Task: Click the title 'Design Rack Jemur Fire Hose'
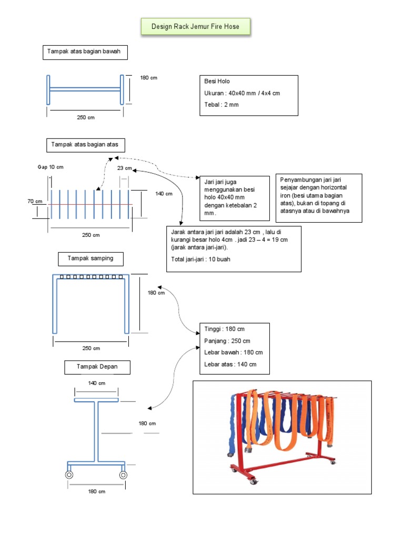(x=195, y=26)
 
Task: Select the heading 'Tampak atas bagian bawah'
(x=85, y=52)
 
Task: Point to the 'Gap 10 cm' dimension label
(x=50, y=167)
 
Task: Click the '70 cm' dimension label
(x=35, y=201)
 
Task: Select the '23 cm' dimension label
(x=125, y=169)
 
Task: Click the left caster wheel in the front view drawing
(x=69, y=475)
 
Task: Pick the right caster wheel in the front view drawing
(x=123, y=475)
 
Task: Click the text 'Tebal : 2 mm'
(x=221, y=105)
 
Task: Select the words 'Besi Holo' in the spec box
(x=217, y=82)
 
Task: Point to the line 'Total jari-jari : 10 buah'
(x=200, y=259)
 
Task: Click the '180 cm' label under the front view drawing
(x=97, y=492)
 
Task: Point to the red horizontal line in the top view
(x=89, y=204)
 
